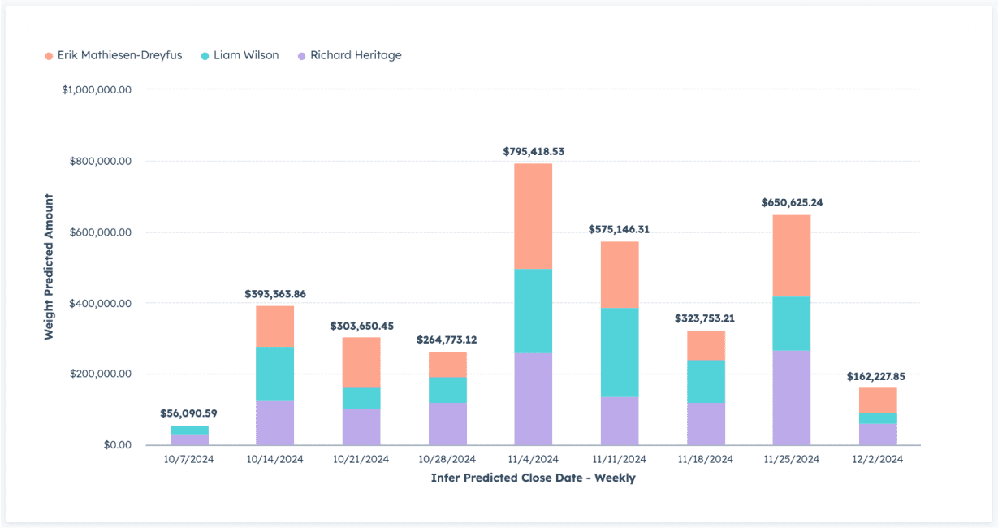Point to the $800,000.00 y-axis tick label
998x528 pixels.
[x=97, y=161]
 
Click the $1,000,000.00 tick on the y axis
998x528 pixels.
[x=96, y=89]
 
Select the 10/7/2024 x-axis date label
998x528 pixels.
[x=189, y=459]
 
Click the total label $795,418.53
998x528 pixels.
[x=534, y=151]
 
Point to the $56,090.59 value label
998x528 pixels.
[x=189, y=413]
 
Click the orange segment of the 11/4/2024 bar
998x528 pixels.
[x=534, y=216]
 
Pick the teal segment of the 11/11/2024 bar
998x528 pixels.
[x=619, y=353]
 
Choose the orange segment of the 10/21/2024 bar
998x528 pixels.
[x=361, y=362]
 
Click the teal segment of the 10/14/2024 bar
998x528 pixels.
[x=274, y=374]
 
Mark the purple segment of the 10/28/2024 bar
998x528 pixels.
[x=447, y=424]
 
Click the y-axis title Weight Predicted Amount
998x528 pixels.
[x=49, y=266]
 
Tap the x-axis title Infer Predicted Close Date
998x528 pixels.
[x=533, y=478]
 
